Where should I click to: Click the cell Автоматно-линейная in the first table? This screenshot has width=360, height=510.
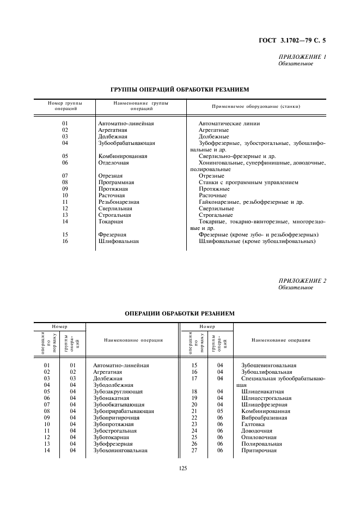tap(126, 124)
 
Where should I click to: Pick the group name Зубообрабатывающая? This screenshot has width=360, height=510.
tap(126, 143)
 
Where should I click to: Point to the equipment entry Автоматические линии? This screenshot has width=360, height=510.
tap(225, 124)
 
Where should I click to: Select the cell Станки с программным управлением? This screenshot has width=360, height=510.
tap(248, 183)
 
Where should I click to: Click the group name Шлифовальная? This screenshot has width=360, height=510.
tap(118, 241)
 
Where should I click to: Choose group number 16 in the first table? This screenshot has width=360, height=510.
tap(65, 241)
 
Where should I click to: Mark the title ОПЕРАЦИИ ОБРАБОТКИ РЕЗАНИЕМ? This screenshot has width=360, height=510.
tap(180, 313)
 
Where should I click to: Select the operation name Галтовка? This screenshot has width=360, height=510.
tap(252, 424)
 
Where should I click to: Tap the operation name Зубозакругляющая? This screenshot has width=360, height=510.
tap(118, 391)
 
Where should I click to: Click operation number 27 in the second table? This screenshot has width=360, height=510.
tap(193, 451)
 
